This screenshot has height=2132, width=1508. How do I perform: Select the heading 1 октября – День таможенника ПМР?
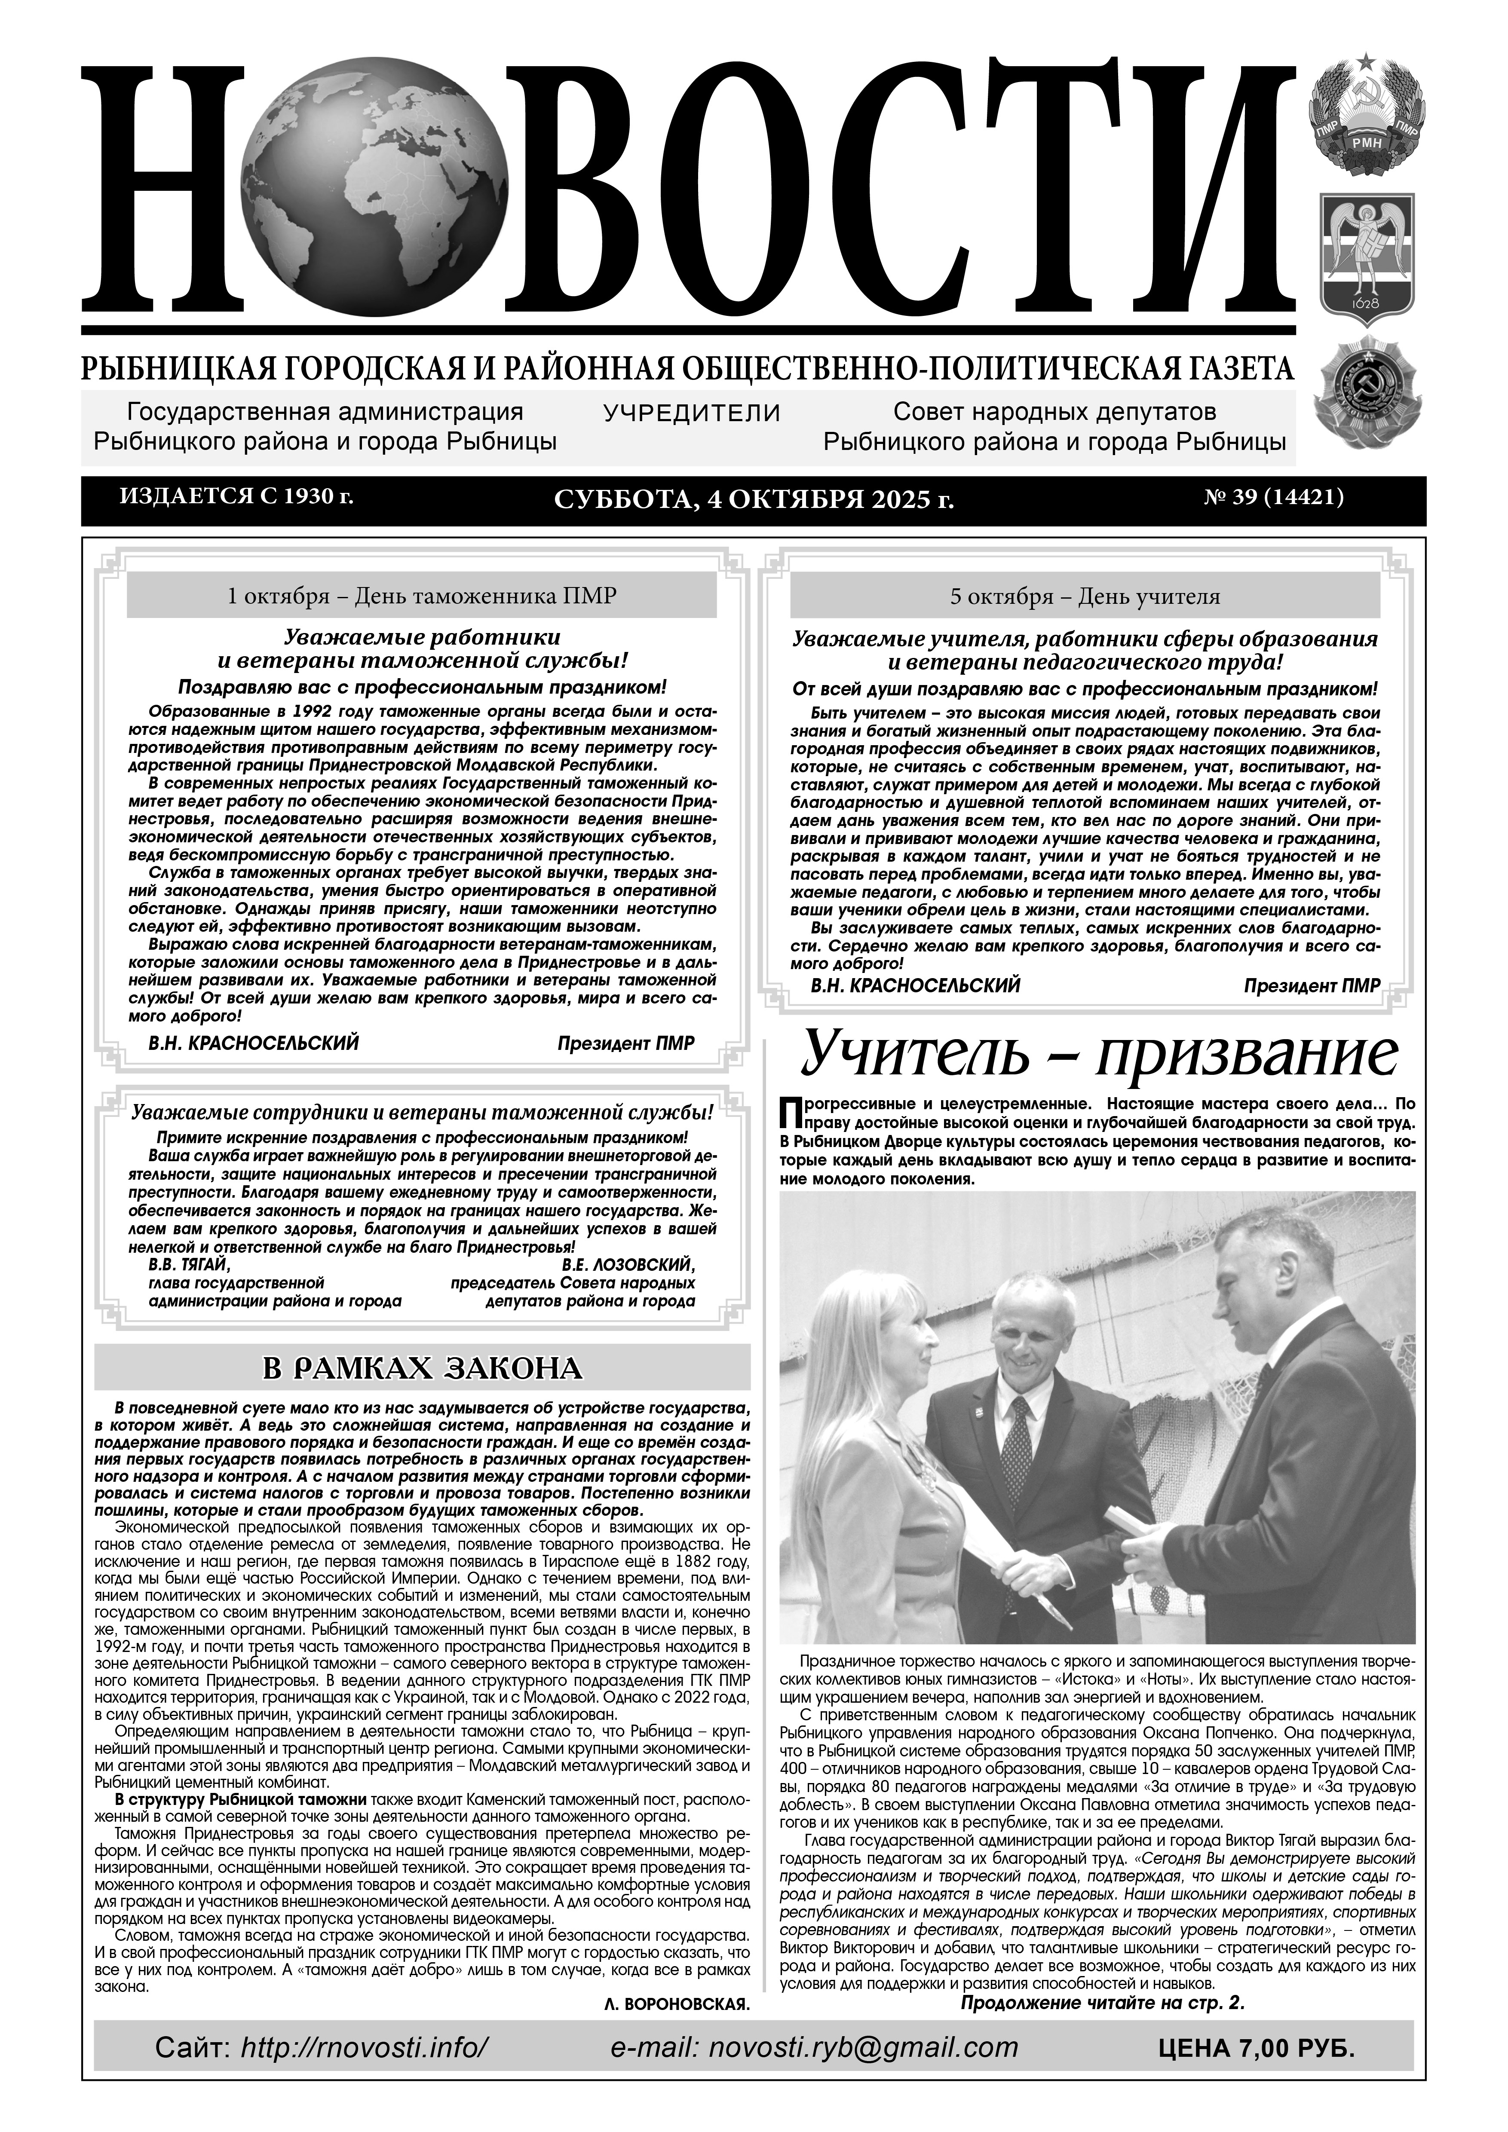pyautogui.click(x=422, y=596)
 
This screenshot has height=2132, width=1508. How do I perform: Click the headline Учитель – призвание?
pyautogui.click(x=1100, y=1053)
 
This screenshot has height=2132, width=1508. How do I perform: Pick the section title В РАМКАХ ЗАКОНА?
pyautogui.click(x=423, y=1369)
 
